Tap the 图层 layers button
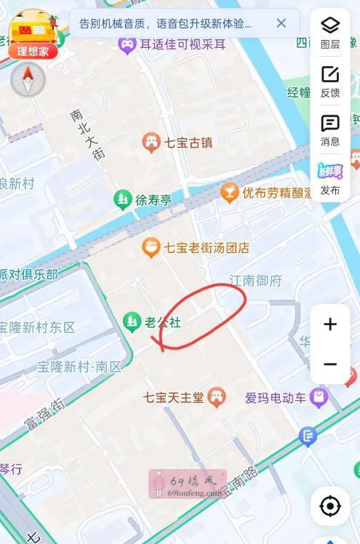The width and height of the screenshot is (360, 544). click(x=330, y=32)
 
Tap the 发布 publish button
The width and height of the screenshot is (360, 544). click(x=330, y=179)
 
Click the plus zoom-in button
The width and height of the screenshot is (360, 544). click(x=330, y=324)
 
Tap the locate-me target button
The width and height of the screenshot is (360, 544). click(x=330, y=505)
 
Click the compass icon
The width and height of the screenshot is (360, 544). click(x=28, y=79)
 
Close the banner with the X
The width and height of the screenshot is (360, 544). click(x=281, y=23)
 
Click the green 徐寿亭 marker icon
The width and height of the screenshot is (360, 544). click(x=123, y=199)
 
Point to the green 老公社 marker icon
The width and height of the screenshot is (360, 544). click(x=132, y=321)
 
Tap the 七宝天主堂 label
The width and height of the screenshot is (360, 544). click(x=173, y=398)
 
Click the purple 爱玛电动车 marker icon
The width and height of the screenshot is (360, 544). click(x=318, y=397)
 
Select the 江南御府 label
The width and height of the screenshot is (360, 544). click(x=255, y=281)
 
